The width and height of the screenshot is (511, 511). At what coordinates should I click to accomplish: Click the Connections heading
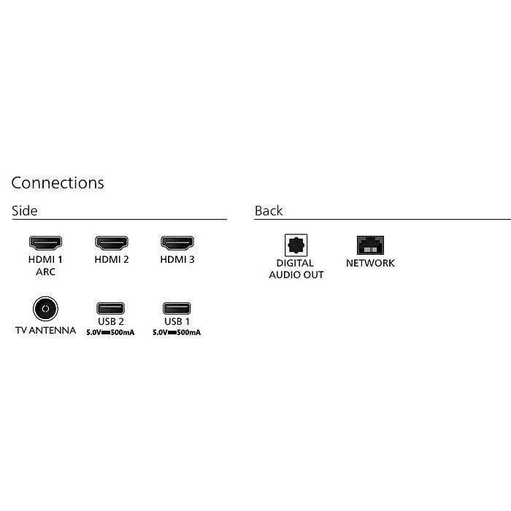(58, 182)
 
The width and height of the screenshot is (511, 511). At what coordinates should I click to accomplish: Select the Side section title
(24, 211)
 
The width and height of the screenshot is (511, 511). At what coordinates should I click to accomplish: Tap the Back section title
(268, 211)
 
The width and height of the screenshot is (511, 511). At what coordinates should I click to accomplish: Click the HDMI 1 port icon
(45, 242)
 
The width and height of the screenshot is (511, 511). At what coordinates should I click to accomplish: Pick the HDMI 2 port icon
(111, 242)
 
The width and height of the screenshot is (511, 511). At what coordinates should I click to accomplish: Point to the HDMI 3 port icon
(177, 242)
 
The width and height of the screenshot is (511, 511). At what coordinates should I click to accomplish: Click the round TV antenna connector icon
(45, 310)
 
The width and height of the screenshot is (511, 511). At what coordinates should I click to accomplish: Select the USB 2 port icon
(111, 308)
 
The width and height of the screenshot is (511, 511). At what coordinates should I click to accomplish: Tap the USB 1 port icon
(177, 308)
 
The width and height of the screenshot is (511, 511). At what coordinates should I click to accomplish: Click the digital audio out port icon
(296, 245)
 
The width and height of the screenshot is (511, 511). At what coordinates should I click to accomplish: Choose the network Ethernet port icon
(370, 245)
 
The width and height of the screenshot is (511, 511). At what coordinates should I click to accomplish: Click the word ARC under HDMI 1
(45, 272)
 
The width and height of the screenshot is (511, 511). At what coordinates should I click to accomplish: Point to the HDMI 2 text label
(111, 259)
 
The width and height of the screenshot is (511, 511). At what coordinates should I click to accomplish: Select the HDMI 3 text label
(177, 259)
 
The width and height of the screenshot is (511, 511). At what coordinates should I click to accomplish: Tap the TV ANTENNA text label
(45, 330)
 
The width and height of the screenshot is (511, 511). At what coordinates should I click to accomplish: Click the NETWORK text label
(370, 263)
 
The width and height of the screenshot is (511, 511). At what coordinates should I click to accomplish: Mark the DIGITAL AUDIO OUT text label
(296, 269)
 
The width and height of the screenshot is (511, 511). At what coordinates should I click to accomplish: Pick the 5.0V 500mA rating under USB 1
(177, 332)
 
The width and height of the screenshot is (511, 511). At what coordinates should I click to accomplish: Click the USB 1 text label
(177, 322)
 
